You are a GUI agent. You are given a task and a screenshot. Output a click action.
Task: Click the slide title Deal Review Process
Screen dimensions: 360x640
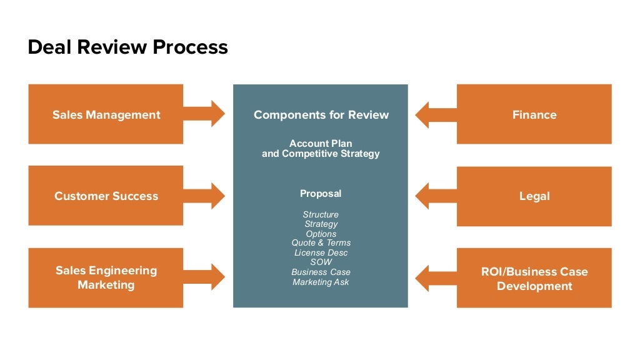(x=127, y=47)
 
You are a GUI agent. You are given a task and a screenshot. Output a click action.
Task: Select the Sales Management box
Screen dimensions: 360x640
(x=106, y=114)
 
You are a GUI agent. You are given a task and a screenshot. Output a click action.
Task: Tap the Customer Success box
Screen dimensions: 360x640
(x=106, y=196)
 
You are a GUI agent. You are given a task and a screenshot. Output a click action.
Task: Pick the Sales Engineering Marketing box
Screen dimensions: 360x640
(x=106, y=277)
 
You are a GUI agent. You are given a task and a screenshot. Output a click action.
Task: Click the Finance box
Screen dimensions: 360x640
(x=534, y=114)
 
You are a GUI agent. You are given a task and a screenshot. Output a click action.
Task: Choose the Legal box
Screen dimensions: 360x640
(x=534, y=196)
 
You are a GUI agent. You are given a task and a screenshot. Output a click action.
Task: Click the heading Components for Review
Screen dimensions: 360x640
(x=321, y=114)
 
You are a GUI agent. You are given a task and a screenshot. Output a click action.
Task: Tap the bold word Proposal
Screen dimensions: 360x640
(x=321, y=194)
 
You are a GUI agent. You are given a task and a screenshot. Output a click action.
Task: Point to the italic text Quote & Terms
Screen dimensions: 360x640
(x=321, y=242)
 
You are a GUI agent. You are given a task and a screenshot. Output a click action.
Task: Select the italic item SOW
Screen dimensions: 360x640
(x=321, y=262)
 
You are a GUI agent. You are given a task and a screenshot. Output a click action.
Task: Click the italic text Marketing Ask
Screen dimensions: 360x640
(x=321, y=282)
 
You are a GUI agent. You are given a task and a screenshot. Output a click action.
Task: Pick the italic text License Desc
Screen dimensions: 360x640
(x=321, y=252)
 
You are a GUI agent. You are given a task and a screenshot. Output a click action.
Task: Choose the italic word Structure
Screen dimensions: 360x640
(x=321, y=214)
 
